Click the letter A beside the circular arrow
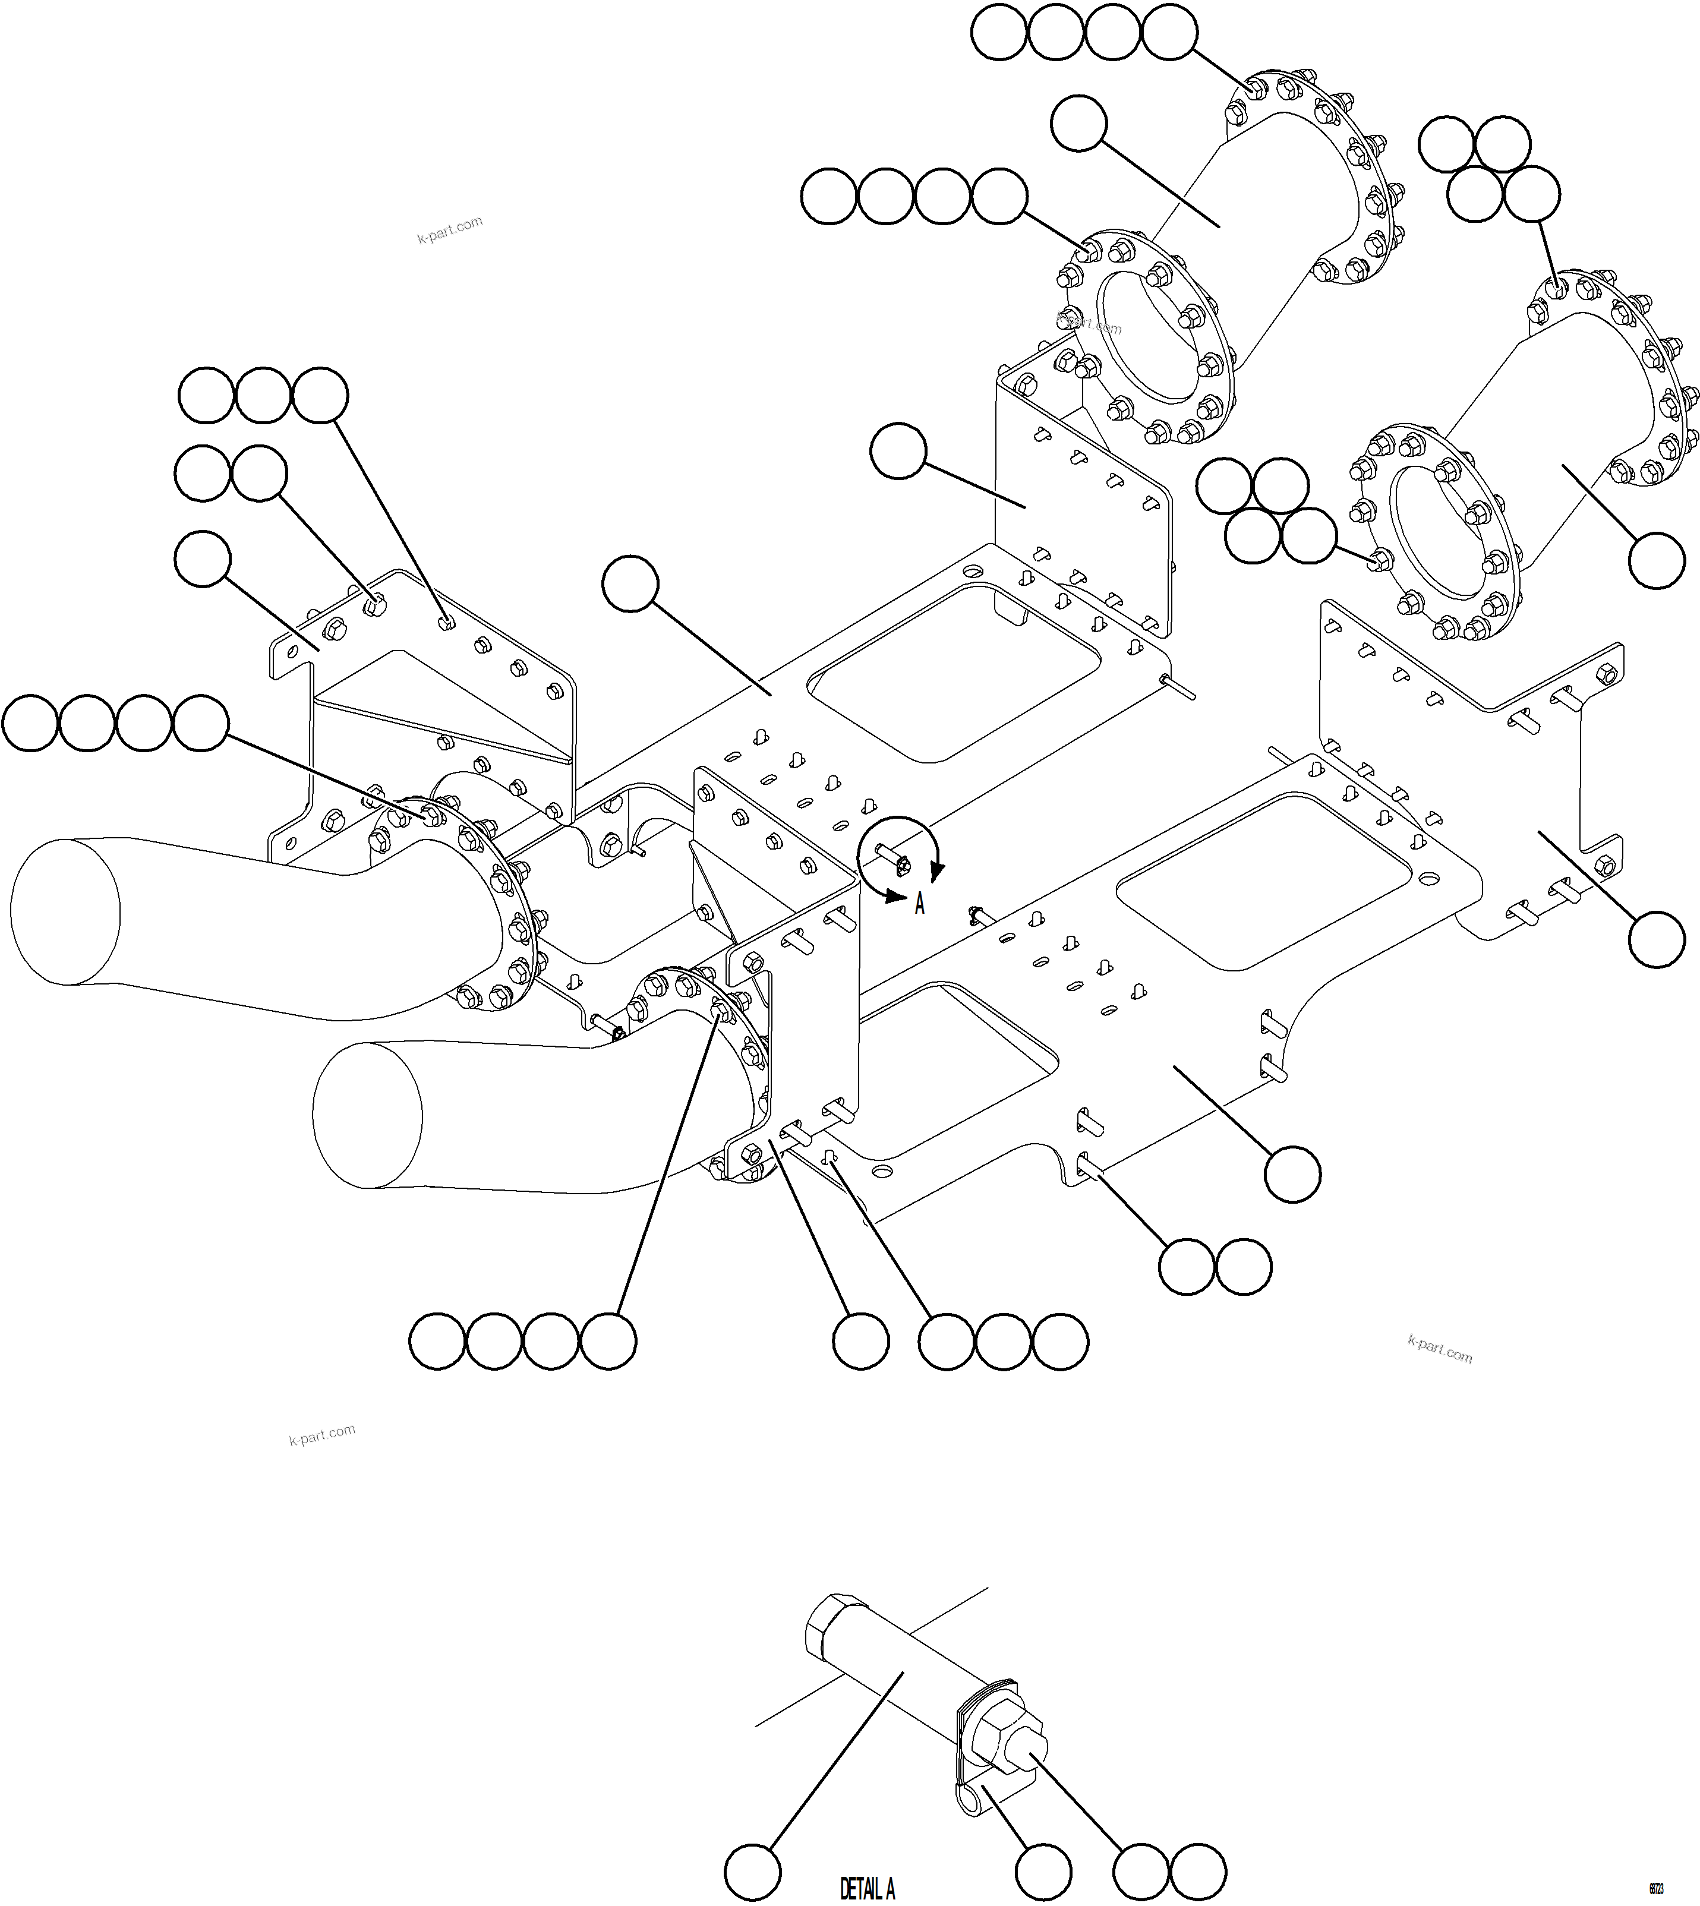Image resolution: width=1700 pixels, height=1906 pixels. pos(919,903)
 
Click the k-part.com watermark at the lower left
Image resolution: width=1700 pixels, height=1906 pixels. pos(321,1434)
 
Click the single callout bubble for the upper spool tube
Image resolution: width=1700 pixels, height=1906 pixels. pos(1079,122)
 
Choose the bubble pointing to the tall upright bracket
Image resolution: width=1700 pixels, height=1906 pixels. pos(898,451)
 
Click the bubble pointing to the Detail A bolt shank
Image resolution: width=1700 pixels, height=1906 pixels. pos(752,1872)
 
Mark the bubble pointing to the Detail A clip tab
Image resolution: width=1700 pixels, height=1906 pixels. pos(1043,1872)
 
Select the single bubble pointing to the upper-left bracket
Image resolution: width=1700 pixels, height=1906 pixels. pos(203,558)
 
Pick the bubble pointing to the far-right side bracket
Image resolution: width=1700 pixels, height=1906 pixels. pos(1656,939)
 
